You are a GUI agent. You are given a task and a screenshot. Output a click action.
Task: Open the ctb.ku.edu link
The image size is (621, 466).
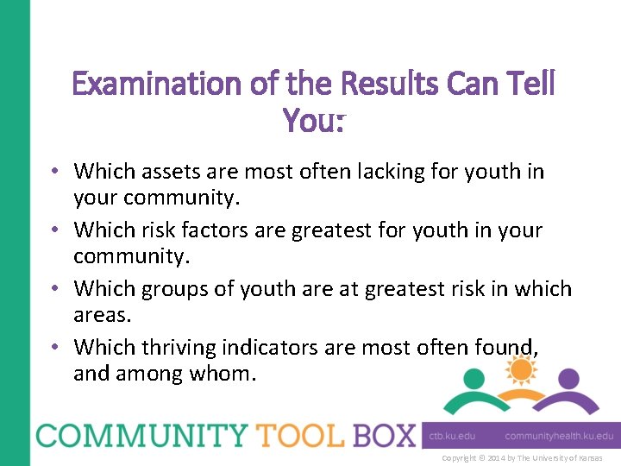pyautogui.click(x=452, y=437)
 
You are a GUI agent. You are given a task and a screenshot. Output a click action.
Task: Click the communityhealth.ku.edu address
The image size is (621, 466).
pyautogui.click(x=559, y=437)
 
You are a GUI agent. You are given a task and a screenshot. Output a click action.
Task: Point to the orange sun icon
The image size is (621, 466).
pyautogui.click(x=520, y=369)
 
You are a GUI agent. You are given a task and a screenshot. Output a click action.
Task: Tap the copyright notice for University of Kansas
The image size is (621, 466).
pyautogui.click(x=522, y=458)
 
